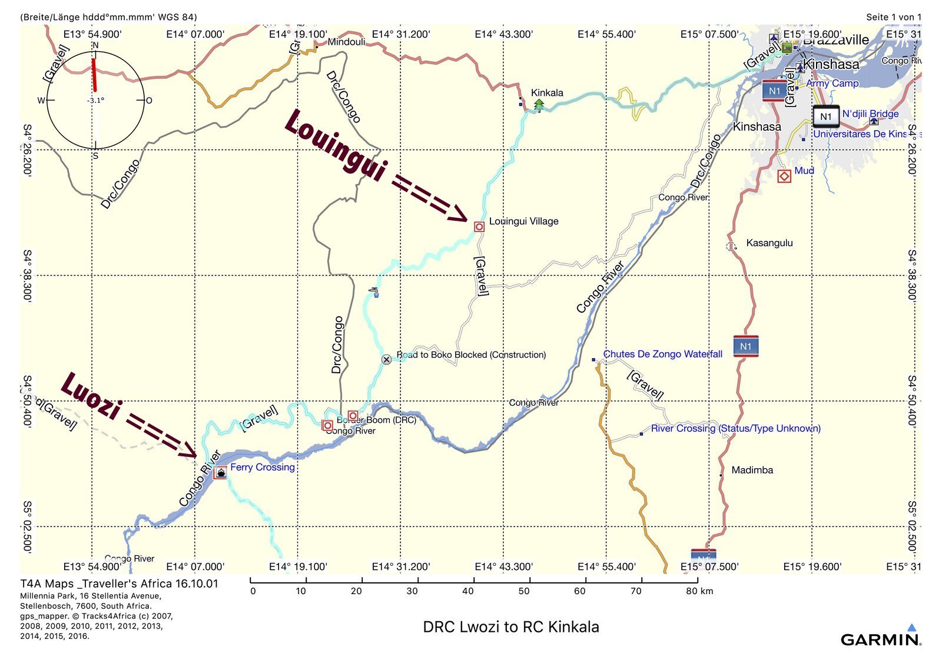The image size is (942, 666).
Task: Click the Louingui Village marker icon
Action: pyautogui.click(x=479, y=227)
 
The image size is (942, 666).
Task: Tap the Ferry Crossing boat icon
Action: pyautogui.click(x=221, y=472)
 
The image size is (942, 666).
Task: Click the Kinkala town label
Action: pyautogui.click(x=547, y=92)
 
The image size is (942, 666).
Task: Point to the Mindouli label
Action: pyautogui.click(x=346, y=42)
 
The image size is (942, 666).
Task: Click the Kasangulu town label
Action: pyautogui.click(x=769, y=243)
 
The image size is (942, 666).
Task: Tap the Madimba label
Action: pyautogui.click(x=752, y=470)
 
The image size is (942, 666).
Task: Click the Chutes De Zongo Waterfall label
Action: pyautogui.click(x=662, y=354)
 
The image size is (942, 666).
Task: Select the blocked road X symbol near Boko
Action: pyautogui.click(x=386, y=359)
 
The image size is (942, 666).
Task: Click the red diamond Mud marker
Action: pyautogui.click(x=784, y=175)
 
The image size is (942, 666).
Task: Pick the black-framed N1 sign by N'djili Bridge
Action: pyautogui.click(x=825, y=117)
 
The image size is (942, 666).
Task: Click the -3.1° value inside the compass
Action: pyautogui.click(x=96, y=101)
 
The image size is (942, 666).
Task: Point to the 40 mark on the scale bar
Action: pyautogui.click(x=468, y=591)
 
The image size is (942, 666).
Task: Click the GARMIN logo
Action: pyautogui.click(x=881, y=639)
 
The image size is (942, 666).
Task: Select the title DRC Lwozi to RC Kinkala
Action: pyautogui.click(x=511, y=627)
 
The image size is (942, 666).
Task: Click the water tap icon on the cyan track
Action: pyautogui.click(x=374, y=291)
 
